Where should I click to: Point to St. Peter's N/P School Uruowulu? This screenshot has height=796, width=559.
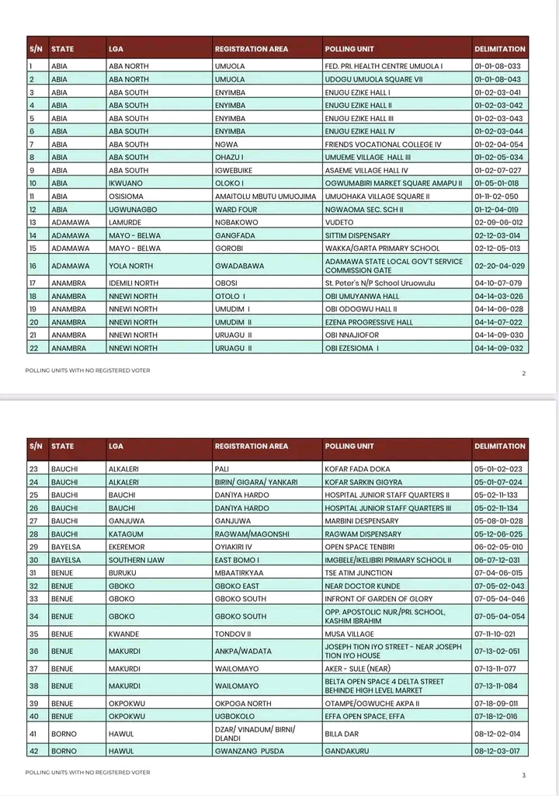(x=376, y=283)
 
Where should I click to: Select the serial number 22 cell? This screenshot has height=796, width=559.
(x=34, y=349)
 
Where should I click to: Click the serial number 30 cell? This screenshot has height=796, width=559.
(x=34, y=560)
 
